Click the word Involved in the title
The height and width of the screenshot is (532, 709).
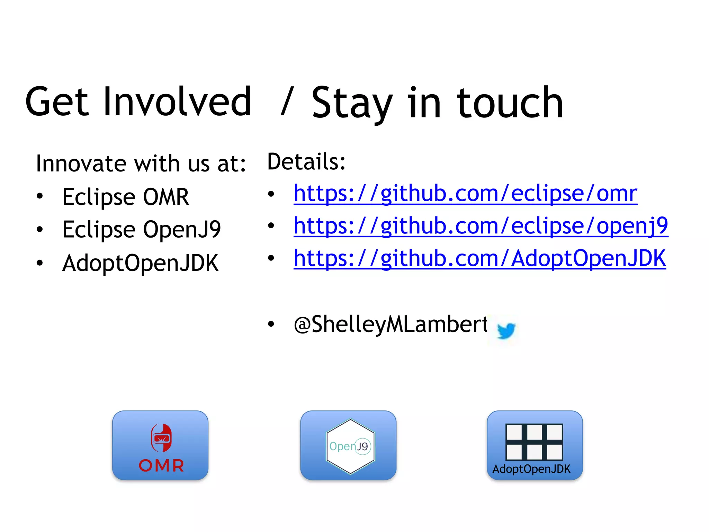click(177, 102)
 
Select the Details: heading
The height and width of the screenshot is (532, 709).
click(306, 162)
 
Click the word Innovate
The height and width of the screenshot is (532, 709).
click(81, 163)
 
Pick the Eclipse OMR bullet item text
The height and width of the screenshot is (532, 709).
click(125, 197)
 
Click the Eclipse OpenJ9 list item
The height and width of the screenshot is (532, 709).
click(141, 229)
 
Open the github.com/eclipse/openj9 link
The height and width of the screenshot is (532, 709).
click(481, 226)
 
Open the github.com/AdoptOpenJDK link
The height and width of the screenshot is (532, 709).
click(479, 258)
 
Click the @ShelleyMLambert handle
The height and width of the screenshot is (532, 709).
click(391, 325)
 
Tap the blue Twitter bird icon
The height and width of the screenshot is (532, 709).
click(506, 330)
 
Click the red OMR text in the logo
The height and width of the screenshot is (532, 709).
click(161, 465)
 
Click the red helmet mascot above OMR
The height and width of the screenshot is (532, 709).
click(161, 438)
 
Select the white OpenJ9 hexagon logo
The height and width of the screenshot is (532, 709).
click(350, 429)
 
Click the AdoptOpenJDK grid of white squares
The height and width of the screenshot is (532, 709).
click(534, 442)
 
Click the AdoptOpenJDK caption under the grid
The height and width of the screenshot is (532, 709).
click(531, 469)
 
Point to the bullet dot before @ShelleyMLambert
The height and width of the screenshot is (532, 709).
click(271, 325)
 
